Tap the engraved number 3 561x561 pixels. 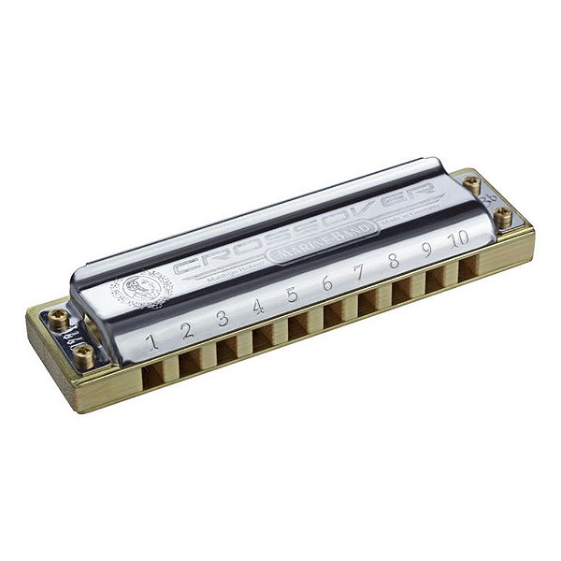(x=223, y=318)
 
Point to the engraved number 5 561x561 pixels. (x=292, y=295)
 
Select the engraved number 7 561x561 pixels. (x=360, y=275)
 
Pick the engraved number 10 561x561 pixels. (x=457, y=239)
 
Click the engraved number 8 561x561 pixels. (x=394, y=263)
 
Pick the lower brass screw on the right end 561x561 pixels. (x=503, y=217)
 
